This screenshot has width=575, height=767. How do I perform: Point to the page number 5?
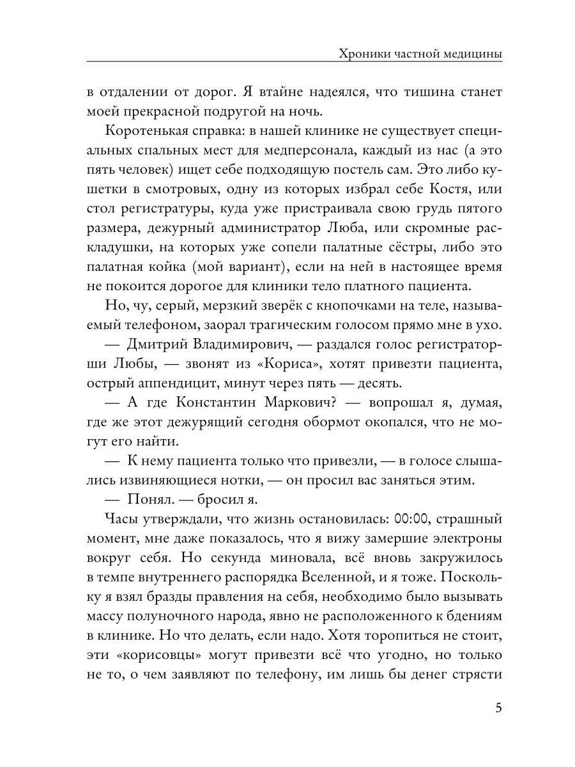[498, 709]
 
